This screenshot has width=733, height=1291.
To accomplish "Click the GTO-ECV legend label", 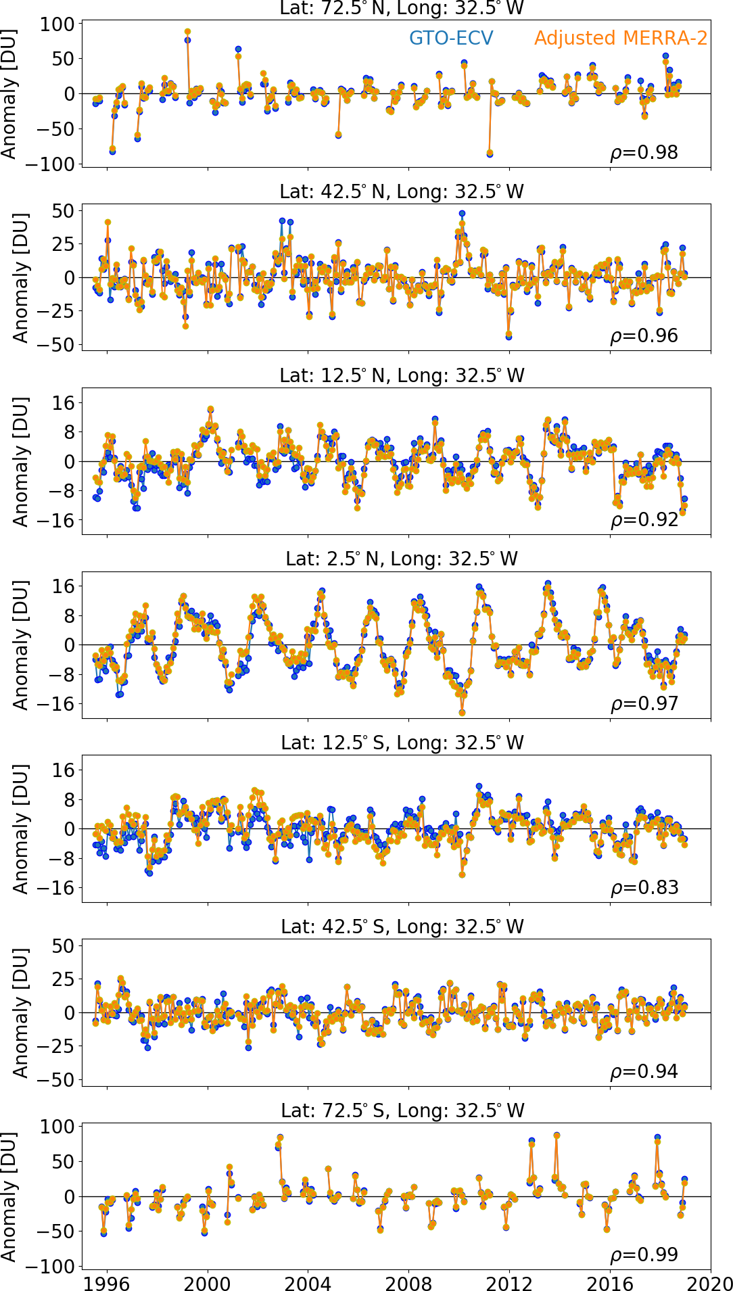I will pos(451,38).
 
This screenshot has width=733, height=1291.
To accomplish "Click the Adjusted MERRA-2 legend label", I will pos(621,38).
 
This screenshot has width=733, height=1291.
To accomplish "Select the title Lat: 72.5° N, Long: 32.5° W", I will pos(402,8).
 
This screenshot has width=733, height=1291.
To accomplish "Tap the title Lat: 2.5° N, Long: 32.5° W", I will pos(402,559).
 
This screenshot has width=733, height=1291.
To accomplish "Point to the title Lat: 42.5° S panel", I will pos(402,926).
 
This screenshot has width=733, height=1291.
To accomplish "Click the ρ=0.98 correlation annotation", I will pos(644,153).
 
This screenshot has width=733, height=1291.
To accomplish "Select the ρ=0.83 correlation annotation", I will pos(644,887).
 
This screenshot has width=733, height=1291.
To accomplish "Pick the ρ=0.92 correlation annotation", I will pos(644,520).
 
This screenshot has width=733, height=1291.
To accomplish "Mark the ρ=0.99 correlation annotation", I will pos(644,1254).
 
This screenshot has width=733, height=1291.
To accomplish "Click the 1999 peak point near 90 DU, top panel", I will pos(187,32).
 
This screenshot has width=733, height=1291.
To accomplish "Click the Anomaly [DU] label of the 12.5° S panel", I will pos(20,829).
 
